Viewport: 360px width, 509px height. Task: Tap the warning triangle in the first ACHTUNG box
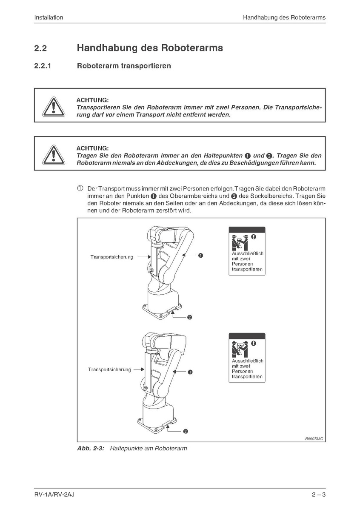point(52,106)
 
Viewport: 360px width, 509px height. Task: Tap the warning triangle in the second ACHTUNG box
point(52,154)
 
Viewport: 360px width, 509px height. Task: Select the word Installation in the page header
point(49,17)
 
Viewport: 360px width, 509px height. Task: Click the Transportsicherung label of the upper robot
point(111,257)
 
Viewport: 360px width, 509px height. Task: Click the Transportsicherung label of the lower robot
point(109,370)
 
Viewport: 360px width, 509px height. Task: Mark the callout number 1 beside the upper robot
point(200,256)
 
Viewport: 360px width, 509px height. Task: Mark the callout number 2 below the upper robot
point(189,317)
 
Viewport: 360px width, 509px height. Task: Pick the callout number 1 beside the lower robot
point(190,372)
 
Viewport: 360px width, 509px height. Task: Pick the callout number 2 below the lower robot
point(186,431)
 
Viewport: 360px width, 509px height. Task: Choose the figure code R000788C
point(314,438)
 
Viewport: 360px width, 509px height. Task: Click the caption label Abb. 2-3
point(91,448)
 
